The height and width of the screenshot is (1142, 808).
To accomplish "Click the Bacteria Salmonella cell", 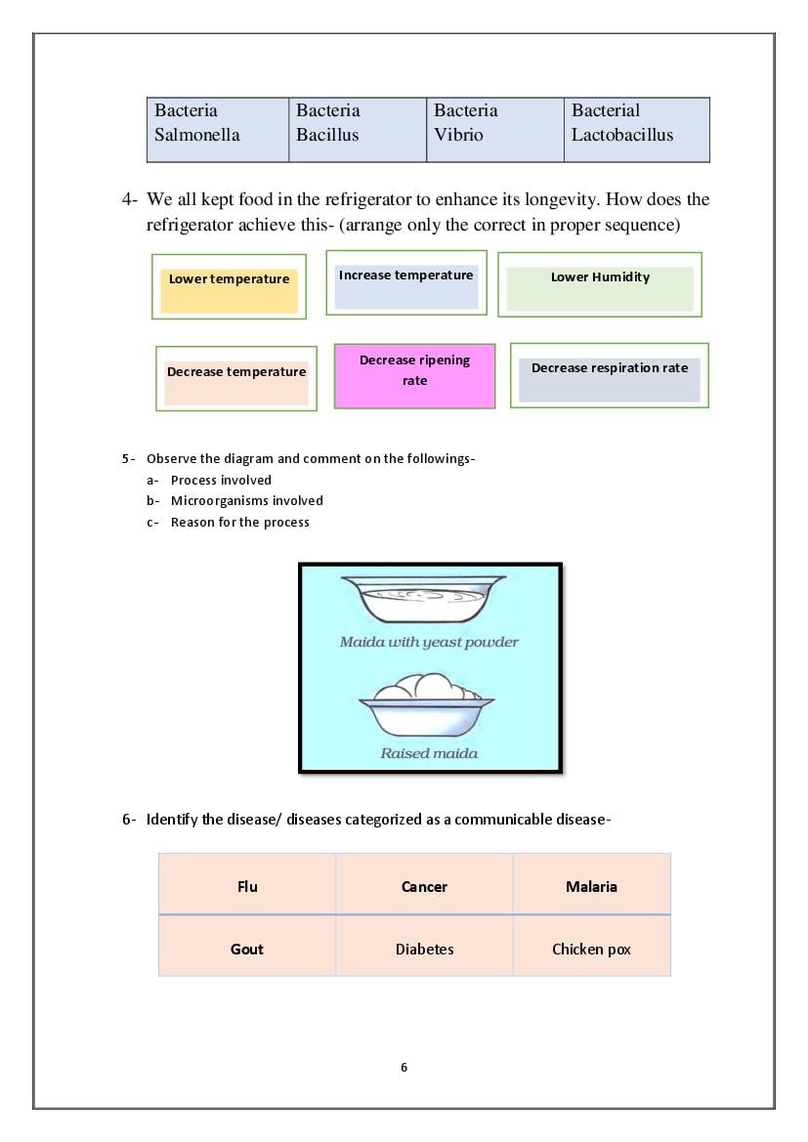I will (x=218, y=129).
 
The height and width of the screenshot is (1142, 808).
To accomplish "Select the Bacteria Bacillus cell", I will (x=358, y=129).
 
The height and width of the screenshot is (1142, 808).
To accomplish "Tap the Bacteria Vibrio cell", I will (x=495, y=129).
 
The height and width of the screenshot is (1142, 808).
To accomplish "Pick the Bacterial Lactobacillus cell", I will (x=636, y=129).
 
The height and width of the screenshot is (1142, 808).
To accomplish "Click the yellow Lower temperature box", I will (x=229, y=286).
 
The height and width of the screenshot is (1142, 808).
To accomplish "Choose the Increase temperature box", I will (x=406, y=283).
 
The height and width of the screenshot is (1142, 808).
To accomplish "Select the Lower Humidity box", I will (x=600, y=284).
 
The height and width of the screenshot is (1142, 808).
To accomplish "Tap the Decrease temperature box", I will (x=236, y=378).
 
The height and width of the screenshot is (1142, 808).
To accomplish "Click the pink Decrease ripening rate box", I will (x=414, y=375).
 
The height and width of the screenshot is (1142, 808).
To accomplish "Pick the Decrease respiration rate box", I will (x=610, y=375).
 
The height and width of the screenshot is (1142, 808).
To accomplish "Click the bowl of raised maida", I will (x=426, y=707).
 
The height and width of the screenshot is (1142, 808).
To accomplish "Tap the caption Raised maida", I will (x=429, y=753).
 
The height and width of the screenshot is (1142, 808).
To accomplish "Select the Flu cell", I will (x=247, y=886).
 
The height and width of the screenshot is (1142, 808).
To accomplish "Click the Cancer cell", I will (x=424, y=886).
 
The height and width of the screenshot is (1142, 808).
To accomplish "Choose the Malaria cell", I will (x=591, y=886).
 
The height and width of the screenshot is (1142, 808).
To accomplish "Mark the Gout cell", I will (x=247, y=948).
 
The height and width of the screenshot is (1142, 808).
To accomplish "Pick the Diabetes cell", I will (x=424, y=948).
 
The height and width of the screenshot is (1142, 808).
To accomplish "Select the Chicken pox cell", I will (x=591, y=948).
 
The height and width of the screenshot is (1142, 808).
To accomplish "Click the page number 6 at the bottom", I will (x=404, y=1067).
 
